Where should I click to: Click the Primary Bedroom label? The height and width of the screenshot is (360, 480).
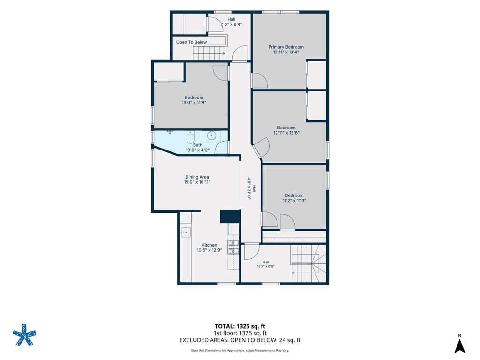click(x=286, y=47)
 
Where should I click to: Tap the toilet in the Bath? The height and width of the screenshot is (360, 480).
click(x=190, y=137)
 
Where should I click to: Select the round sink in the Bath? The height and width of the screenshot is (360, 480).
click(x=211, y=135)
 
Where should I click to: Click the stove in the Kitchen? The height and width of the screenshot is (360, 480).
click(x=232, y=247)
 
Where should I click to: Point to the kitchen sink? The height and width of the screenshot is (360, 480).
click(x=186, y=232)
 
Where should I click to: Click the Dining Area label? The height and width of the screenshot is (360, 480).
click(x=197, y=177)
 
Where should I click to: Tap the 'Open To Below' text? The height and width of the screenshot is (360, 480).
click(x=191, y=42)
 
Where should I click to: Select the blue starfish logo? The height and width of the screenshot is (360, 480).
click(x=24, y=335)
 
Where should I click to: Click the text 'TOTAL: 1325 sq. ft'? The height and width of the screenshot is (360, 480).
click(x=240, y=326)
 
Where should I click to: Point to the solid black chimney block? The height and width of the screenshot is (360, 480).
click(x=230, y=217)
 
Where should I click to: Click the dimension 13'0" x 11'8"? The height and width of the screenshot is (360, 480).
click(x=194, y=103)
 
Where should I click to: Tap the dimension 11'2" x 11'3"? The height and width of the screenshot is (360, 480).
click(x=294, y=201)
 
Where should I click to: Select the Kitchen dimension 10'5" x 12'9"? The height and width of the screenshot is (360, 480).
click(x=210, y=250)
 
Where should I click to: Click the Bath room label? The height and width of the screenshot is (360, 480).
click(x=198, y=145)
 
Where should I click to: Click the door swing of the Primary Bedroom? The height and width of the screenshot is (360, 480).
click(x=260, y=81)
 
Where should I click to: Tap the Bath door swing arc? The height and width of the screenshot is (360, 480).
click(x=221, y=147)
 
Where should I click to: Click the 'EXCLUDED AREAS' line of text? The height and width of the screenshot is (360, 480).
click(x=240, y=340)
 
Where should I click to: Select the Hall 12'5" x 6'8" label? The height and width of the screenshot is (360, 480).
click(x=266, y=264)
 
